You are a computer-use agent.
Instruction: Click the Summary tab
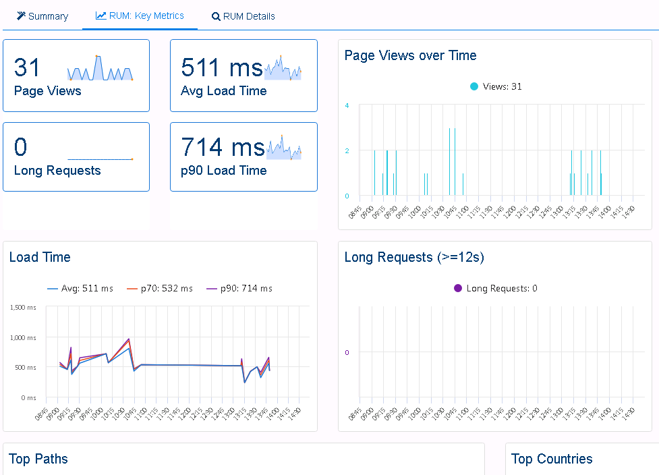click(42, 16)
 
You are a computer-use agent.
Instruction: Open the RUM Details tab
click(243, 16)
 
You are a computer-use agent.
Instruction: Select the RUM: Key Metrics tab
click(140, 16)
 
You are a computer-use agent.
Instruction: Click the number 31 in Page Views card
click(28, 67)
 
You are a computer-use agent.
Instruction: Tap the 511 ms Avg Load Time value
click(221, 67)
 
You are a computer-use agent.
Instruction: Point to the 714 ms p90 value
click(223, 147)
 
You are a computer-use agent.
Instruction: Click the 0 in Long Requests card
click(21, 147)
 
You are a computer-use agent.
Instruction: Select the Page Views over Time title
click(410, 55)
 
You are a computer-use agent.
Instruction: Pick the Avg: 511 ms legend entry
click(80, 288)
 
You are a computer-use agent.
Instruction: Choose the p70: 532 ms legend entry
click(160, 288)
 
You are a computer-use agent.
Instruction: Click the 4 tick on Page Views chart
click(347, 105)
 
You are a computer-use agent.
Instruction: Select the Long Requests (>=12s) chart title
click(413, 257)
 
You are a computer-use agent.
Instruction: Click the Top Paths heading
click(38, 459)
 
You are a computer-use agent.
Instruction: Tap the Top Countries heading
click(552, 459)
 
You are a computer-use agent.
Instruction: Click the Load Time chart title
click(40, 257)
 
